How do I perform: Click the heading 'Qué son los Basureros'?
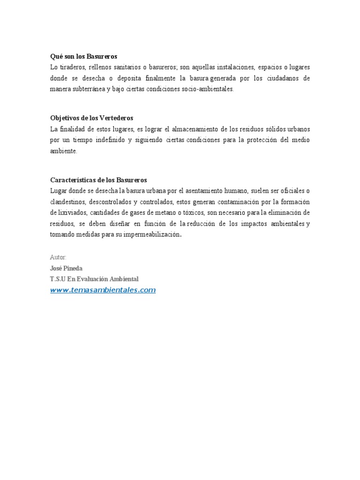83,56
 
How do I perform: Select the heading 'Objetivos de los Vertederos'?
91,118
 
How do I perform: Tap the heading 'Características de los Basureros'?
98,180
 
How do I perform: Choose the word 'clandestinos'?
68,202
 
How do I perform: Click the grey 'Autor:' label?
58,257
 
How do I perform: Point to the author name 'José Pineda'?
66,268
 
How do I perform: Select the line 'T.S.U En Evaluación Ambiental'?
94,279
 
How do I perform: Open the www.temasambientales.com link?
103,290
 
